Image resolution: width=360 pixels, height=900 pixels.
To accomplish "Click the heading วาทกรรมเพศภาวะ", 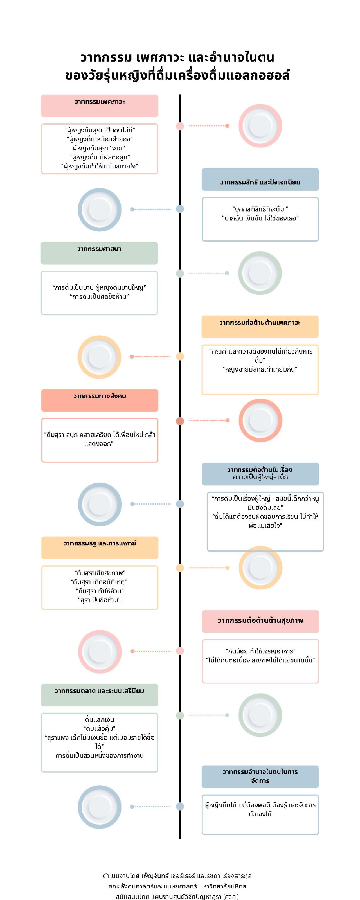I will tap(100, 102).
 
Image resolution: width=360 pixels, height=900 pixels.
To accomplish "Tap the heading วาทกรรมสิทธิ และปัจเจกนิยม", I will tap(260, 182).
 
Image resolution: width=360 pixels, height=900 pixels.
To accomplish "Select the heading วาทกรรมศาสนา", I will tap(99, 249).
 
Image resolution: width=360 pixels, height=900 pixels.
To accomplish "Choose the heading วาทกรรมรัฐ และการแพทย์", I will tap(100, 543).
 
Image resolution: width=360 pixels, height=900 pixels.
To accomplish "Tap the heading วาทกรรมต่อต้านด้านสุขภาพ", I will tap(260, 620).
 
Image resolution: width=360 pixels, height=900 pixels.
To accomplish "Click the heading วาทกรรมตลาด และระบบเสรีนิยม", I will tap(100, 691).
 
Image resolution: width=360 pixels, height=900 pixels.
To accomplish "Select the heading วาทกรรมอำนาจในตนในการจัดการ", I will tap(260, 776).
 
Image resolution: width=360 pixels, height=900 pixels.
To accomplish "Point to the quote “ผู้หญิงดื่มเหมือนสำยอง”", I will tap(100, 139).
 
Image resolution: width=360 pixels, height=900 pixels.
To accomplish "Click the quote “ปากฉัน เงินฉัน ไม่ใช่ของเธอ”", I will tap(260, 218).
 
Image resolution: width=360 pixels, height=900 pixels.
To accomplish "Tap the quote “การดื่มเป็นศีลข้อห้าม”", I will tap(99, 297).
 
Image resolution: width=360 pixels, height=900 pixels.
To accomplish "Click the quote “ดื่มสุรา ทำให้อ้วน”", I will tap(100, 591).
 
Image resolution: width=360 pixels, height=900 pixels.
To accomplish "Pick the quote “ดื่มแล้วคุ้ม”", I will tap(100, 728).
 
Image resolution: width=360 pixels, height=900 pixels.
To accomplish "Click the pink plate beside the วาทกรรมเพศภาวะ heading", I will tap(260, 126).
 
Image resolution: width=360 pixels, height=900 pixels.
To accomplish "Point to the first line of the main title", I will tap(177, 57).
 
